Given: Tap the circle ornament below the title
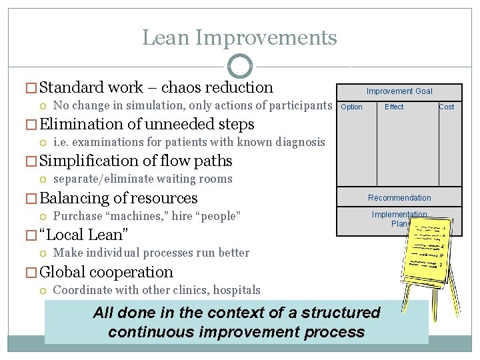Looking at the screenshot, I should pyautogui.click(x=240, y=67).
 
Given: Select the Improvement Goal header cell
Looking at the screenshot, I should pyautogui.click(x=399, y=91).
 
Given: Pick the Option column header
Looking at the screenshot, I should pyautogui.click(x=351, y=107).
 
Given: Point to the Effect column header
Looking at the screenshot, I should pyautogui.click(x=394, y=107).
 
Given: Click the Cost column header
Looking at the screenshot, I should pyautogui.click(x=447, y=107).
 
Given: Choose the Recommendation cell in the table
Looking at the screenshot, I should pyautogui.click(x=399, y=197).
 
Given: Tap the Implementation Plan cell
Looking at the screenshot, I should pyautogui.click(x=399, y=219).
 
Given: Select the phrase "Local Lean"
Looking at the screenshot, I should pyautogui.click(x=84, y=235).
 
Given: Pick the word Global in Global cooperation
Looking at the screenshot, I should pyautogui.click(x=62, y=272).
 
